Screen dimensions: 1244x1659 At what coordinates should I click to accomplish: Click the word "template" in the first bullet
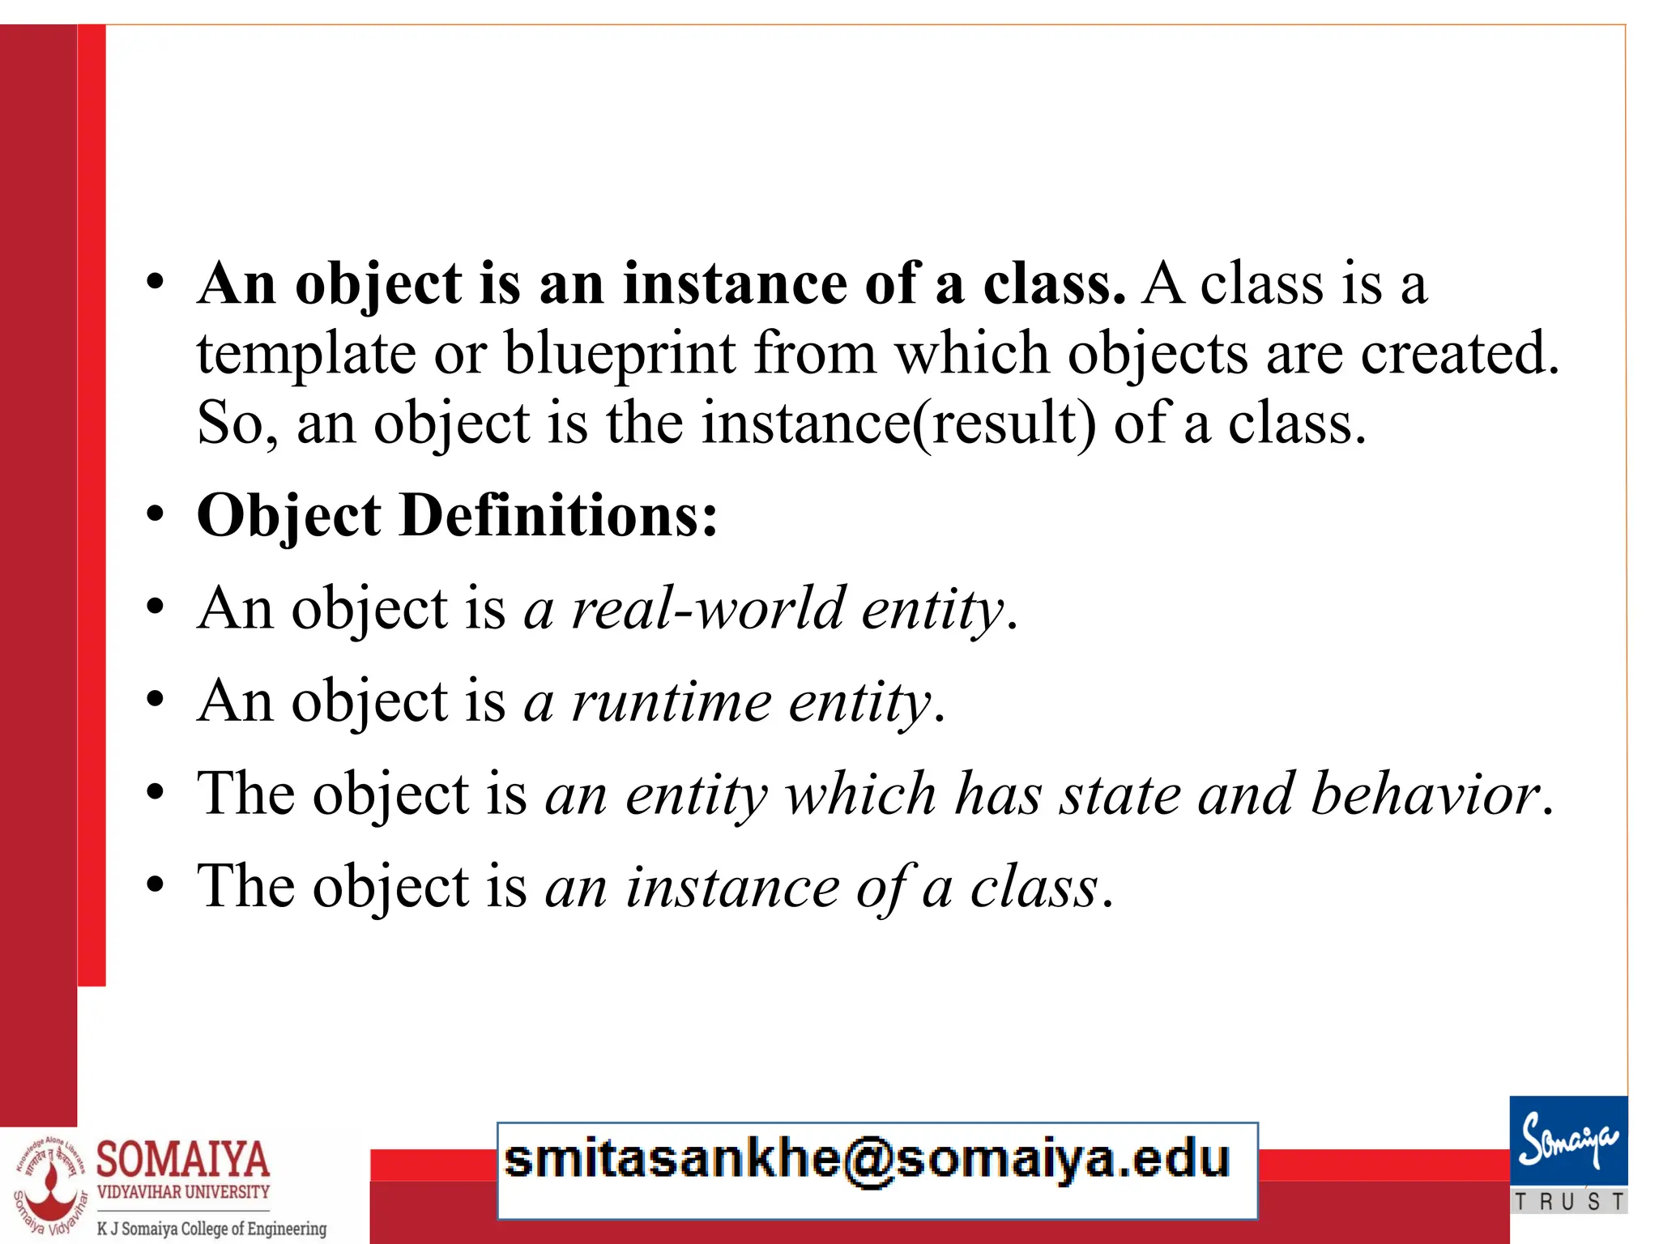click(x=306, y=355)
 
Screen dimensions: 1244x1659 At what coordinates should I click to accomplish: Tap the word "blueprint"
click(x=620, y=355)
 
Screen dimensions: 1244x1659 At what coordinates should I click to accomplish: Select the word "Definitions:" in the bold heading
click(x=558, y=516)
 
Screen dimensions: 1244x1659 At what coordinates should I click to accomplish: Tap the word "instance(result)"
click(x=898, y=424)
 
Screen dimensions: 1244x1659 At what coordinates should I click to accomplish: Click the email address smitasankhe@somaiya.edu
click(x=867, y=1159)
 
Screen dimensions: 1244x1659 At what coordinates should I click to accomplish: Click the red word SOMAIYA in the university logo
click(x=183, y=1159)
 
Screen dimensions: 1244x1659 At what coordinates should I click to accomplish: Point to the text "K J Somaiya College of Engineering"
click(x=211, y=1229)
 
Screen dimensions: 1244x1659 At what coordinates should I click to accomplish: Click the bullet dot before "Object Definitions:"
click(x=156, y=515)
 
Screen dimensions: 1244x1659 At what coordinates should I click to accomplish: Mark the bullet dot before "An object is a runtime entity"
click(x=156, y=701)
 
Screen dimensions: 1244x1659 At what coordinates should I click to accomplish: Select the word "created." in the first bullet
click(x=1460, y=355)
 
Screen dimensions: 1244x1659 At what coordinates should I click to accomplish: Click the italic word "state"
click(x=1121, y=794)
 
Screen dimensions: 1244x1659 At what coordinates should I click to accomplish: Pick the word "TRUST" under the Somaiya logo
click(x=1569, y=1201)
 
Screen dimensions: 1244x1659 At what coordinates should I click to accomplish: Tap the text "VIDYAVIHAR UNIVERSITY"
click(x=183, y=1192)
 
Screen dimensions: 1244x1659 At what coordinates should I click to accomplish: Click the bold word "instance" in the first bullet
click(x=735, y=284)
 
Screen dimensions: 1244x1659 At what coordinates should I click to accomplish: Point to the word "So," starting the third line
click(x=237, y=424)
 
